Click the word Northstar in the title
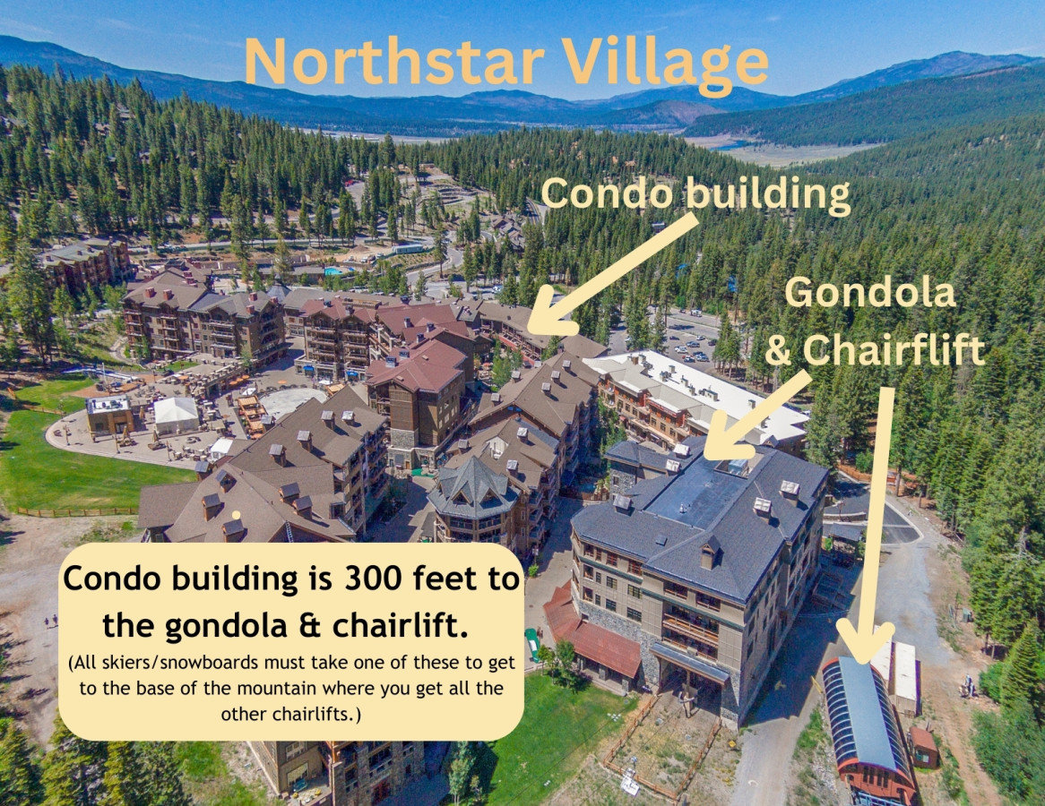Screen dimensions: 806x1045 (x=394, y=62)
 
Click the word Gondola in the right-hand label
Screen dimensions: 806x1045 (x=870, y=293)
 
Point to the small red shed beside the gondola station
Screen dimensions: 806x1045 (x=923, y=746)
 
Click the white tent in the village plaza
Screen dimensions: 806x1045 (x=176, y=412)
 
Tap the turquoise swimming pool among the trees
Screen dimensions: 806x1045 (x=334, y=270)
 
